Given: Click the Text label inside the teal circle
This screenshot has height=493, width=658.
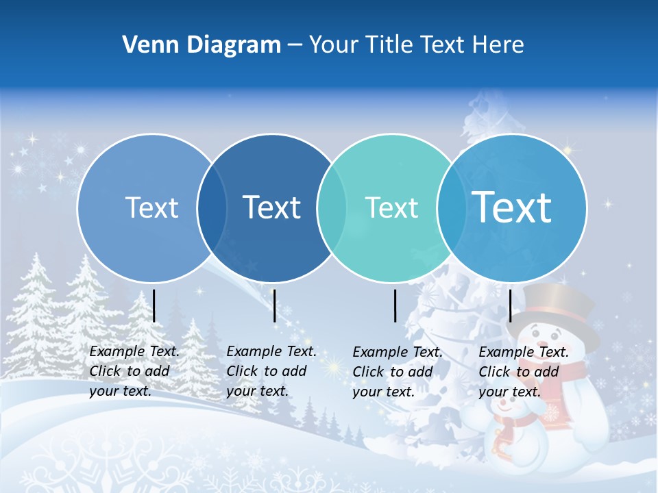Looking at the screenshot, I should click(391, 207).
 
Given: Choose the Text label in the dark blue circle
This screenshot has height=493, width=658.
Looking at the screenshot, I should click(272, 207).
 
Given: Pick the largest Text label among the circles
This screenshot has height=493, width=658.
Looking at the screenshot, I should click(512, 207).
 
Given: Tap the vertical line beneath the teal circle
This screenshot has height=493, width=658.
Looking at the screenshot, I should click(395, 305).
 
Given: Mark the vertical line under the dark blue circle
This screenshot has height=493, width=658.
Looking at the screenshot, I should click(274, 305).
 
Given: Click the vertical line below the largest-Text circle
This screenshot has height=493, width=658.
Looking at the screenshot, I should click(510, 305).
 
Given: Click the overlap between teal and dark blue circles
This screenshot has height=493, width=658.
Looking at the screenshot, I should click(326, 208).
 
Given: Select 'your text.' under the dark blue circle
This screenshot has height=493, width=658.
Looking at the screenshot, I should click(257, 391).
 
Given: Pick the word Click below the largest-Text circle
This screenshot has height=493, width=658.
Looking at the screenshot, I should click(494, 372).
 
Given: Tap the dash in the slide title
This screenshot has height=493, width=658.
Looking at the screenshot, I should click(295, 45).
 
